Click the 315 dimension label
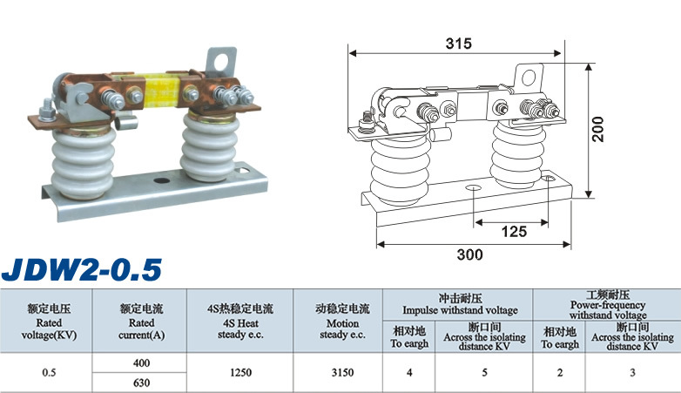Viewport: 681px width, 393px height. point(458,44)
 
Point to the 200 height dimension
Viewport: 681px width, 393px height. point(598,129)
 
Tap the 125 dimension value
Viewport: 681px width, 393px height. point(514,231)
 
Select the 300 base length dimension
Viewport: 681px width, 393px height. point(470,254)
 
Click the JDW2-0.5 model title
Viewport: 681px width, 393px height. point(82,269)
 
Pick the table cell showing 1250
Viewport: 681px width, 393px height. point(240,373)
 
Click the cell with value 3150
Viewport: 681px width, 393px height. point(342,373)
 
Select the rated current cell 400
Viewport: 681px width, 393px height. point(142,363)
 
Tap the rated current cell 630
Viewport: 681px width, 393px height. point(142,383)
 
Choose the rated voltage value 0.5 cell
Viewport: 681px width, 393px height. point(49,373)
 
